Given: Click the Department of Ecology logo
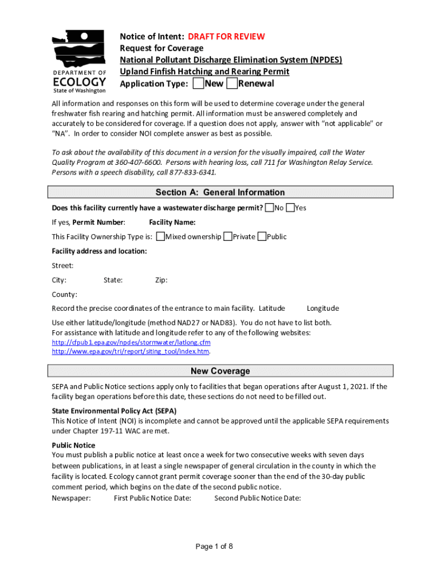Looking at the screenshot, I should pyautogui.click(x=79, y=61).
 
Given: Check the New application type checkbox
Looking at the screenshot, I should pyautogui.click(x=198, y=84).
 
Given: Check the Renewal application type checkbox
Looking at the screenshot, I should pyautogui.click(x=232, y=84).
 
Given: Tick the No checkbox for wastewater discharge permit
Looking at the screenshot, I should pyautogui.click(x=269, y=208).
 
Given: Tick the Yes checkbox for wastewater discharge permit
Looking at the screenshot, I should pyautogui.click(x=290, y=208).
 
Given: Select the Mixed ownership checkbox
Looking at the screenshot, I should pyautogui.click(x=160, y=236).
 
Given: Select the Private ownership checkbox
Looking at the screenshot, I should pyautogui.click(x=228, y=236).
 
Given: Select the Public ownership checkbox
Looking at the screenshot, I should pyautogui.click(x=262, y=236).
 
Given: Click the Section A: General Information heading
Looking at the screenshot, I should pyautogui.click(x=220, y=192).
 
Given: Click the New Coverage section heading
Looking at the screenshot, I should pyautogui.click(x=220, y=371).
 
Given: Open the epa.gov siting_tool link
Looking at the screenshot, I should pyautogui.click(x=131, y=351).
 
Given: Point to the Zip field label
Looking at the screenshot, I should pyautogui.click(x=161, y=280).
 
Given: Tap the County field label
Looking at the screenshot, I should pyautogui.click(x=64, y=295).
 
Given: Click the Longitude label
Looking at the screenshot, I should pyautogui.click(x=322, y=308).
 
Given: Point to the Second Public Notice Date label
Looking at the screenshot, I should pyautogui.click(x=257, y=498).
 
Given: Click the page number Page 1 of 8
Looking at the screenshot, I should pyautogui.click(x=214, y=547).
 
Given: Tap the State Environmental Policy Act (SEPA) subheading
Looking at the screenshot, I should pyautogui.click(x=114, y=410).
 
